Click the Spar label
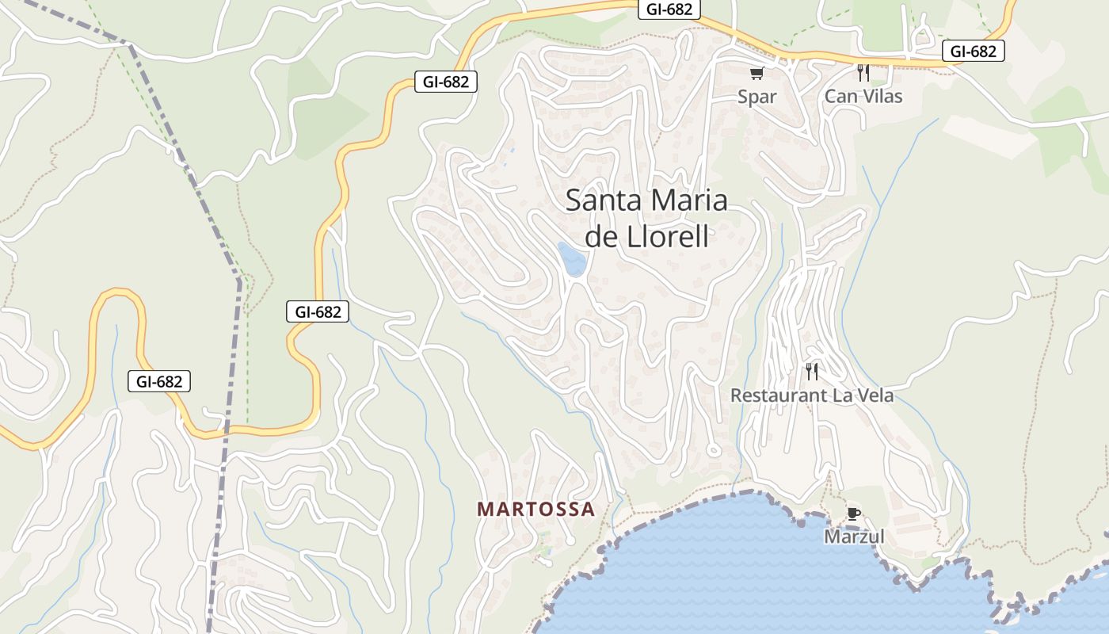click(x=756, y=97)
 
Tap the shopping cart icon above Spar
click(x=756, y=73)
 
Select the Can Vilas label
click(x=863, y=97)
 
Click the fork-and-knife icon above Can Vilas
click(x=863, y=73)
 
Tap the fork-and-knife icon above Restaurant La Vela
click(x=811, y=371)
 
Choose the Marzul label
click(x=854, y=537)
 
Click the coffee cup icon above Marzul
click(x=853, y=514)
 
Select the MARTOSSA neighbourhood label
click(x=535, y=510)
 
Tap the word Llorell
click(x=669, y=237)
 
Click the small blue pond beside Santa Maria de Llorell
click(x=571, y=258)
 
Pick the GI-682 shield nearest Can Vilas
click(x=973, y=52)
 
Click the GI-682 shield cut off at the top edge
click(x=669, y=9)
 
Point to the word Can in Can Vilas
click(x=840, y=97)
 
